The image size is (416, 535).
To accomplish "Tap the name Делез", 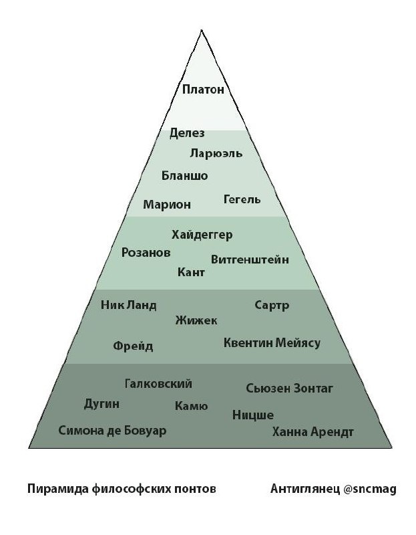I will pos(187,133).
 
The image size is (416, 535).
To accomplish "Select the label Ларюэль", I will pos(216,154).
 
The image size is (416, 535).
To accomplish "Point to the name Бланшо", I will pos(185,176).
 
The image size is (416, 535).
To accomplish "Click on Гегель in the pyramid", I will pos(242,200).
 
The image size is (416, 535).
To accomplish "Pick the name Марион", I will pos(167,204).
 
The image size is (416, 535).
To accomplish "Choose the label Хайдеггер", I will pos(202,234).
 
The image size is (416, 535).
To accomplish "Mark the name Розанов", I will pos(146,253).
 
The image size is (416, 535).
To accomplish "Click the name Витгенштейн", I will pos(250,259).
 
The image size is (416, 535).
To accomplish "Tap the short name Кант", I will pos(191,272).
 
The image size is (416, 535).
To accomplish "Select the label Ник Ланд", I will pos(129,306).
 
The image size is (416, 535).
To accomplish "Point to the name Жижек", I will pos(196,321).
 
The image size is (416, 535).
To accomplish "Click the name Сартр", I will pos(272,306).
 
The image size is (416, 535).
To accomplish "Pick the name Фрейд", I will pos(133,346).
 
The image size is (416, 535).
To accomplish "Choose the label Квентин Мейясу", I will pos(272,343).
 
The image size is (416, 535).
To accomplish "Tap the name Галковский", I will pos(158,384).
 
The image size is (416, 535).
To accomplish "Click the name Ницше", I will pos(253,415).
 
